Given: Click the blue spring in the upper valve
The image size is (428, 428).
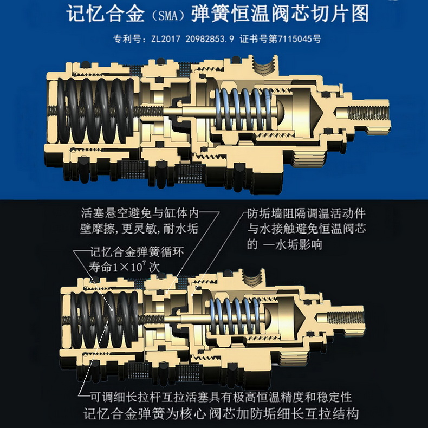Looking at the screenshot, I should (238, 108).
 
